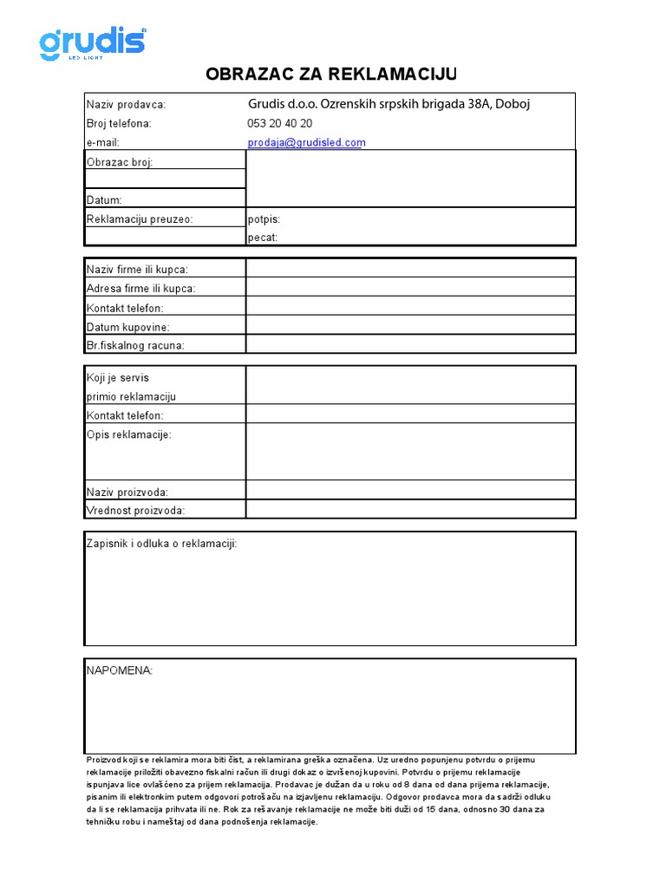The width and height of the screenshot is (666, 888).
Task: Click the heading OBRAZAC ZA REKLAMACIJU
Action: click(330, 73)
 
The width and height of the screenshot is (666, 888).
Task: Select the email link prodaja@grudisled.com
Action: click(306, 142)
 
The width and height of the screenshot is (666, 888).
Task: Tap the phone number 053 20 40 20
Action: click(280, 123)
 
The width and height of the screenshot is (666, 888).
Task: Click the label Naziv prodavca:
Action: click(126, 104)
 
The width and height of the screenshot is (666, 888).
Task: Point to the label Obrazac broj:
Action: click(120, 162)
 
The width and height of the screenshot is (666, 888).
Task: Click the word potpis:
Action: click(264, 219)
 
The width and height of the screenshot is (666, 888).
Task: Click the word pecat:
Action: click(263, 238)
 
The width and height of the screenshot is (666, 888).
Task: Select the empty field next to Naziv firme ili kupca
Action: click(410, 269)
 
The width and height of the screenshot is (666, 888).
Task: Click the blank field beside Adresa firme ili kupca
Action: click(410, 288)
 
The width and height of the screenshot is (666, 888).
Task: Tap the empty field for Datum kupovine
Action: click(410, 326)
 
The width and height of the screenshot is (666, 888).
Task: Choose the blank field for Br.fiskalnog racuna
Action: click(410, 345)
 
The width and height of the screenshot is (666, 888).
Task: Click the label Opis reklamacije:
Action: click(129, 434)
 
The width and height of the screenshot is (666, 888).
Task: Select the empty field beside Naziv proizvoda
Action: click(410, 491)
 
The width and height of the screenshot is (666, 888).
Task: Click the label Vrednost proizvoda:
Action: click(135, 511)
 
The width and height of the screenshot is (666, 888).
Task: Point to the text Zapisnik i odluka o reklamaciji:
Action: click(161, 544)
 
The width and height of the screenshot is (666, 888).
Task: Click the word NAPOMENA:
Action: click(119, 670)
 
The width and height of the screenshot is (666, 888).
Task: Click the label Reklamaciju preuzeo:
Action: click(140, 219)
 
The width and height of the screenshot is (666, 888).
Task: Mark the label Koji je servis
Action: click(124, 378)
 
